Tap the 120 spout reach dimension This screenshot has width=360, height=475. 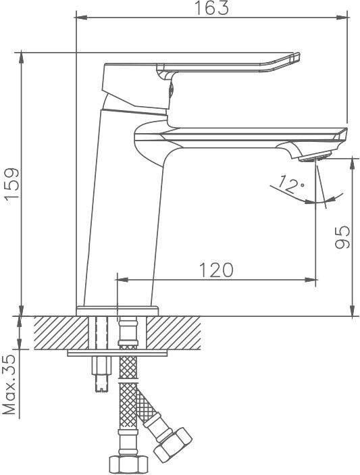click(216, 270)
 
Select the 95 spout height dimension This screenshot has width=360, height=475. click(342, 237)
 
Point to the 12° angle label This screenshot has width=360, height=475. click(290, 184)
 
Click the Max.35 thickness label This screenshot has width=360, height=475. click(9, 384)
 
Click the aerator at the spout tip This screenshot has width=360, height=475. click(314, 157)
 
